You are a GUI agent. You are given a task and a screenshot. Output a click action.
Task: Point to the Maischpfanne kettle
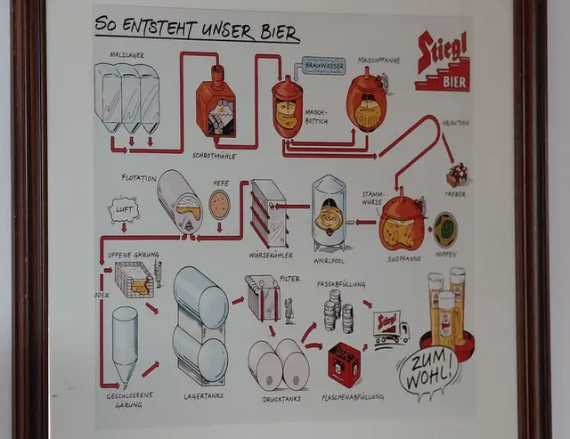[366, 101]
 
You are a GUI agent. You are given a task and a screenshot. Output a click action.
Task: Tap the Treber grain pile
[457, 175]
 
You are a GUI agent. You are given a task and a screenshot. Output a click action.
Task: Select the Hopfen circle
[444, 228]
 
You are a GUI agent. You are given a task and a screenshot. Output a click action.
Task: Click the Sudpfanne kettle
[402, 224]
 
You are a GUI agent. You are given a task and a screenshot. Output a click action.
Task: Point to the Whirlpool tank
[329, 212]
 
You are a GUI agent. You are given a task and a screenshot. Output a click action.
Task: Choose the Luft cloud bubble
[125, 210]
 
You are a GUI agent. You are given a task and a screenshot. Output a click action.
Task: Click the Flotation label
[139, 177]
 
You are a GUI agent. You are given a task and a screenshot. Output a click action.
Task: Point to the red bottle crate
[344, 364]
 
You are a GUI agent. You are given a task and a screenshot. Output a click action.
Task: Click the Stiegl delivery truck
[390, 327]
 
